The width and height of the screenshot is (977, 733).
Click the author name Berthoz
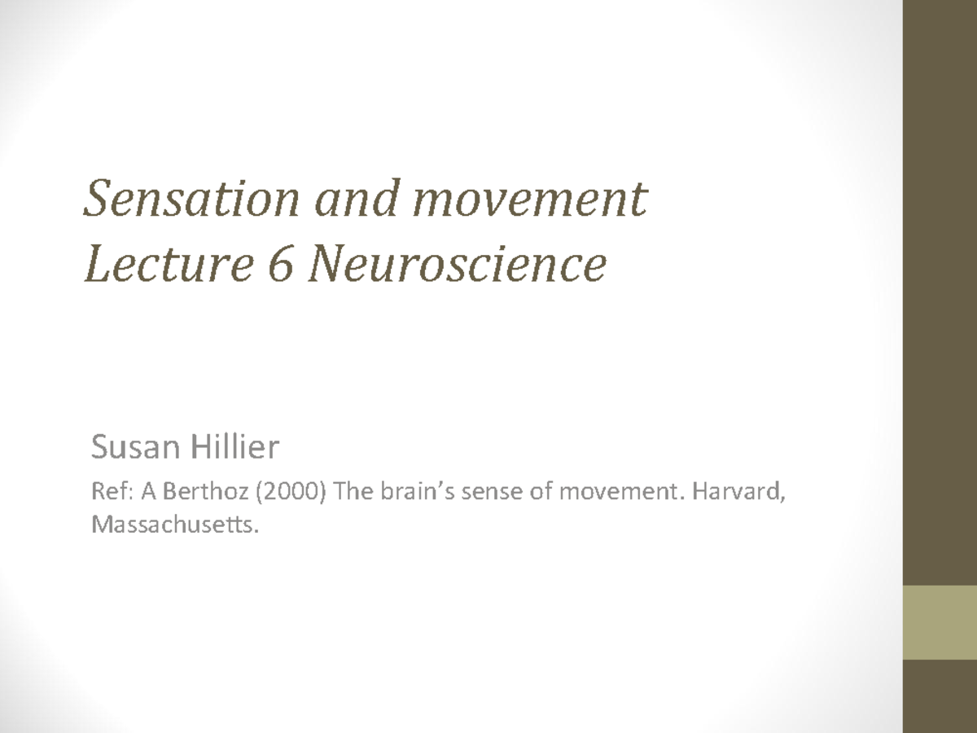[x=193, y=493]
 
